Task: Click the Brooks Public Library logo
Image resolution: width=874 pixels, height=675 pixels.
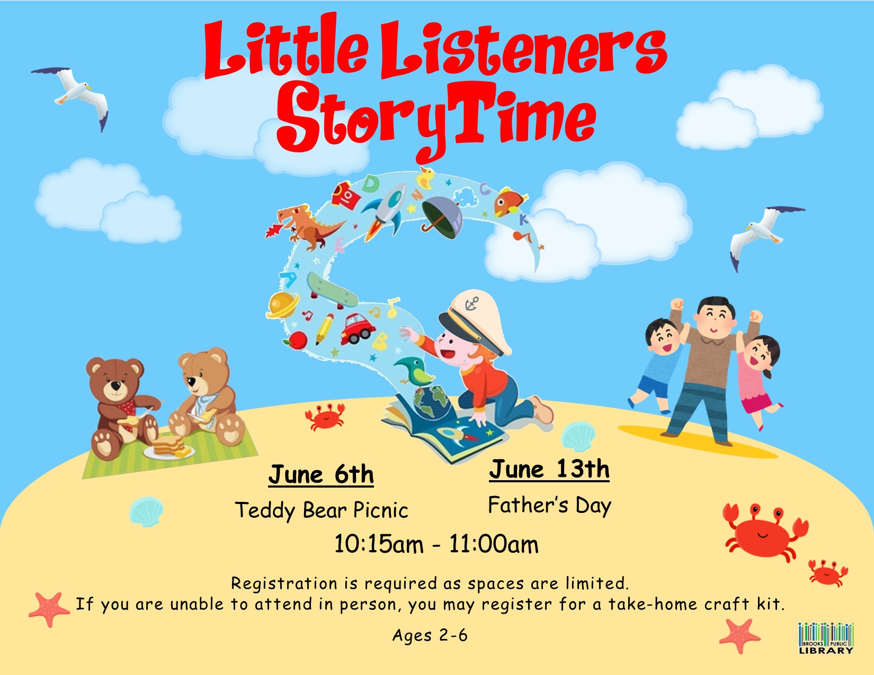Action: pyautogui.click(x=826, y=638)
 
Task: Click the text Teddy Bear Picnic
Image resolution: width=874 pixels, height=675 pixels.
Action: pyautogui.click(x=322, y=510)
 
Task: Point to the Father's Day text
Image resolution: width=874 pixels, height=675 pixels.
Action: pyautogui.click(x=549, y=506)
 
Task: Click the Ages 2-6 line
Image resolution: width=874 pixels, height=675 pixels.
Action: pyautogui.click(x=430, y=636)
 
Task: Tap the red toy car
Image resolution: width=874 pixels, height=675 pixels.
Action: pyautogui.click(x=357, y=329)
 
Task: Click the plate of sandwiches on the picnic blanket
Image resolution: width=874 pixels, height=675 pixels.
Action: pyautogui.click(x=169, y=448)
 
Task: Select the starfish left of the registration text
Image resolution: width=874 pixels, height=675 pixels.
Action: pyautogui.click(x=49, y=609)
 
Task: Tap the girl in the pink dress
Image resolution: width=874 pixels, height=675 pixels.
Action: pyautogui.click(x=758, y=380)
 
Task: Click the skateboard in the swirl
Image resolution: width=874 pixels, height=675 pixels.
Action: pyautogui.click(x=332, y=290)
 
